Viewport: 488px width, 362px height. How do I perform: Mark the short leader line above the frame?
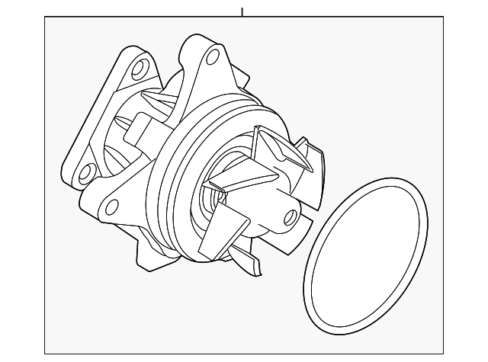242,11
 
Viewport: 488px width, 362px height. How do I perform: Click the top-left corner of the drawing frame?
45,18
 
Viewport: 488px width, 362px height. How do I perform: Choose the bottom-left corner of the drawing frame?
45,355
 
